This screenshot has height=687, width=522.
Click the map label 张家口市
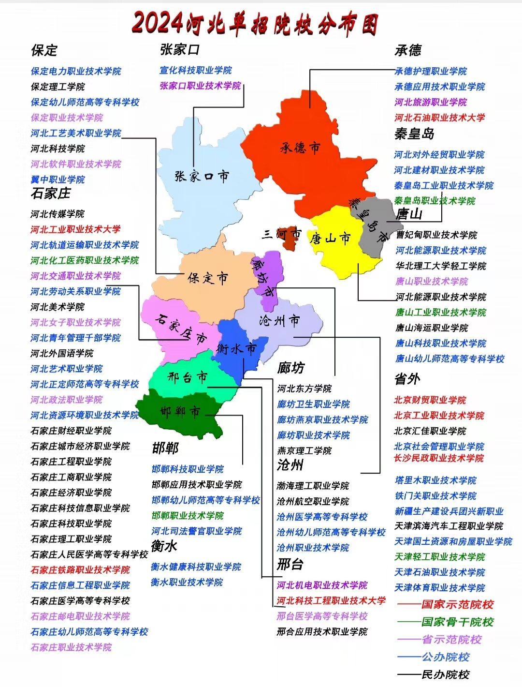pyautogui.click(x=202, y=176)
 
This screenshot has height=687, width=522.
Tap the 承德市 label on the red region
pyautogui.click(x=300, y=147)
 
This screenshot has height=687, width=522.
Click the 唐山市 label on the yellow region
pyautogui.click(x=331, y=238)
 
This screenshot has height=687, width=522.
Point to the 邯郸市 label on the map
pyautogui.click(x=180, y=412)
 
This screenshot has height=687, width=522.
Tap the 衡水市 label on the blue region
pyautogui.click(x=237, y=348)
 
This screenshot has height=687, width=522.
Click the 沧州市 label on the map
pyautogui.click(x=279, y=320)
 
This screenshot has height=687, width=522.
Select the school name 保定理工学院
pyautogui.click(x=58, y=87)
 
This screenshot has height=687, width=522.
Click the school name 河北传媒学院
pyautogui.click(x=58, y=214)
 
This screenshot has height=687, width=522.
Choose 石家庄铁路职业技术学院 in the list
pyautogui.click(x=80, y=570)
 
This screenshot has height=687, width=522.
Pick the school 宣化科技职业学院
pyautogui.click(x=196, y=70)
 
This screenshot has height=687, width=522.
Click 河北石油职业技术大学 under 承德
pyautogui.click(x=439, y=118)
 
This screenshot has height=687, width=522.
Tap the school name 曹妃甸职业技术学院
pyautogui.click(x=436, y=235)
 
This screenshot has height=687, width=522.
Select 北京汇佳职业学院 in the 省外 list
pyautogui.click(x=430, y=431)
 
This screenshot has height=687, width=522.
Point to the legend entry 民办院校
pyautogui.click(x=445, y=674)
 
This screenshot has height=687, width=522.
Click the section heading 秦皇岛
pyautogui.click(x=414, y=134)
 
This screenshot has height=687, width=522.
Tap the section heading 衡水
pyautogui.click(x=164, y=546)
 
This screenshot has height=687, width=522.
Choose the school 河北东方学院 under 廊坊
pyautogui.click(x=304, y=389)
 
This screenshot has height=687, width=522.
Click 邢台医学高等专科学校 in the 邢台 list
pyautogui.click(x=322, y=616)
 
